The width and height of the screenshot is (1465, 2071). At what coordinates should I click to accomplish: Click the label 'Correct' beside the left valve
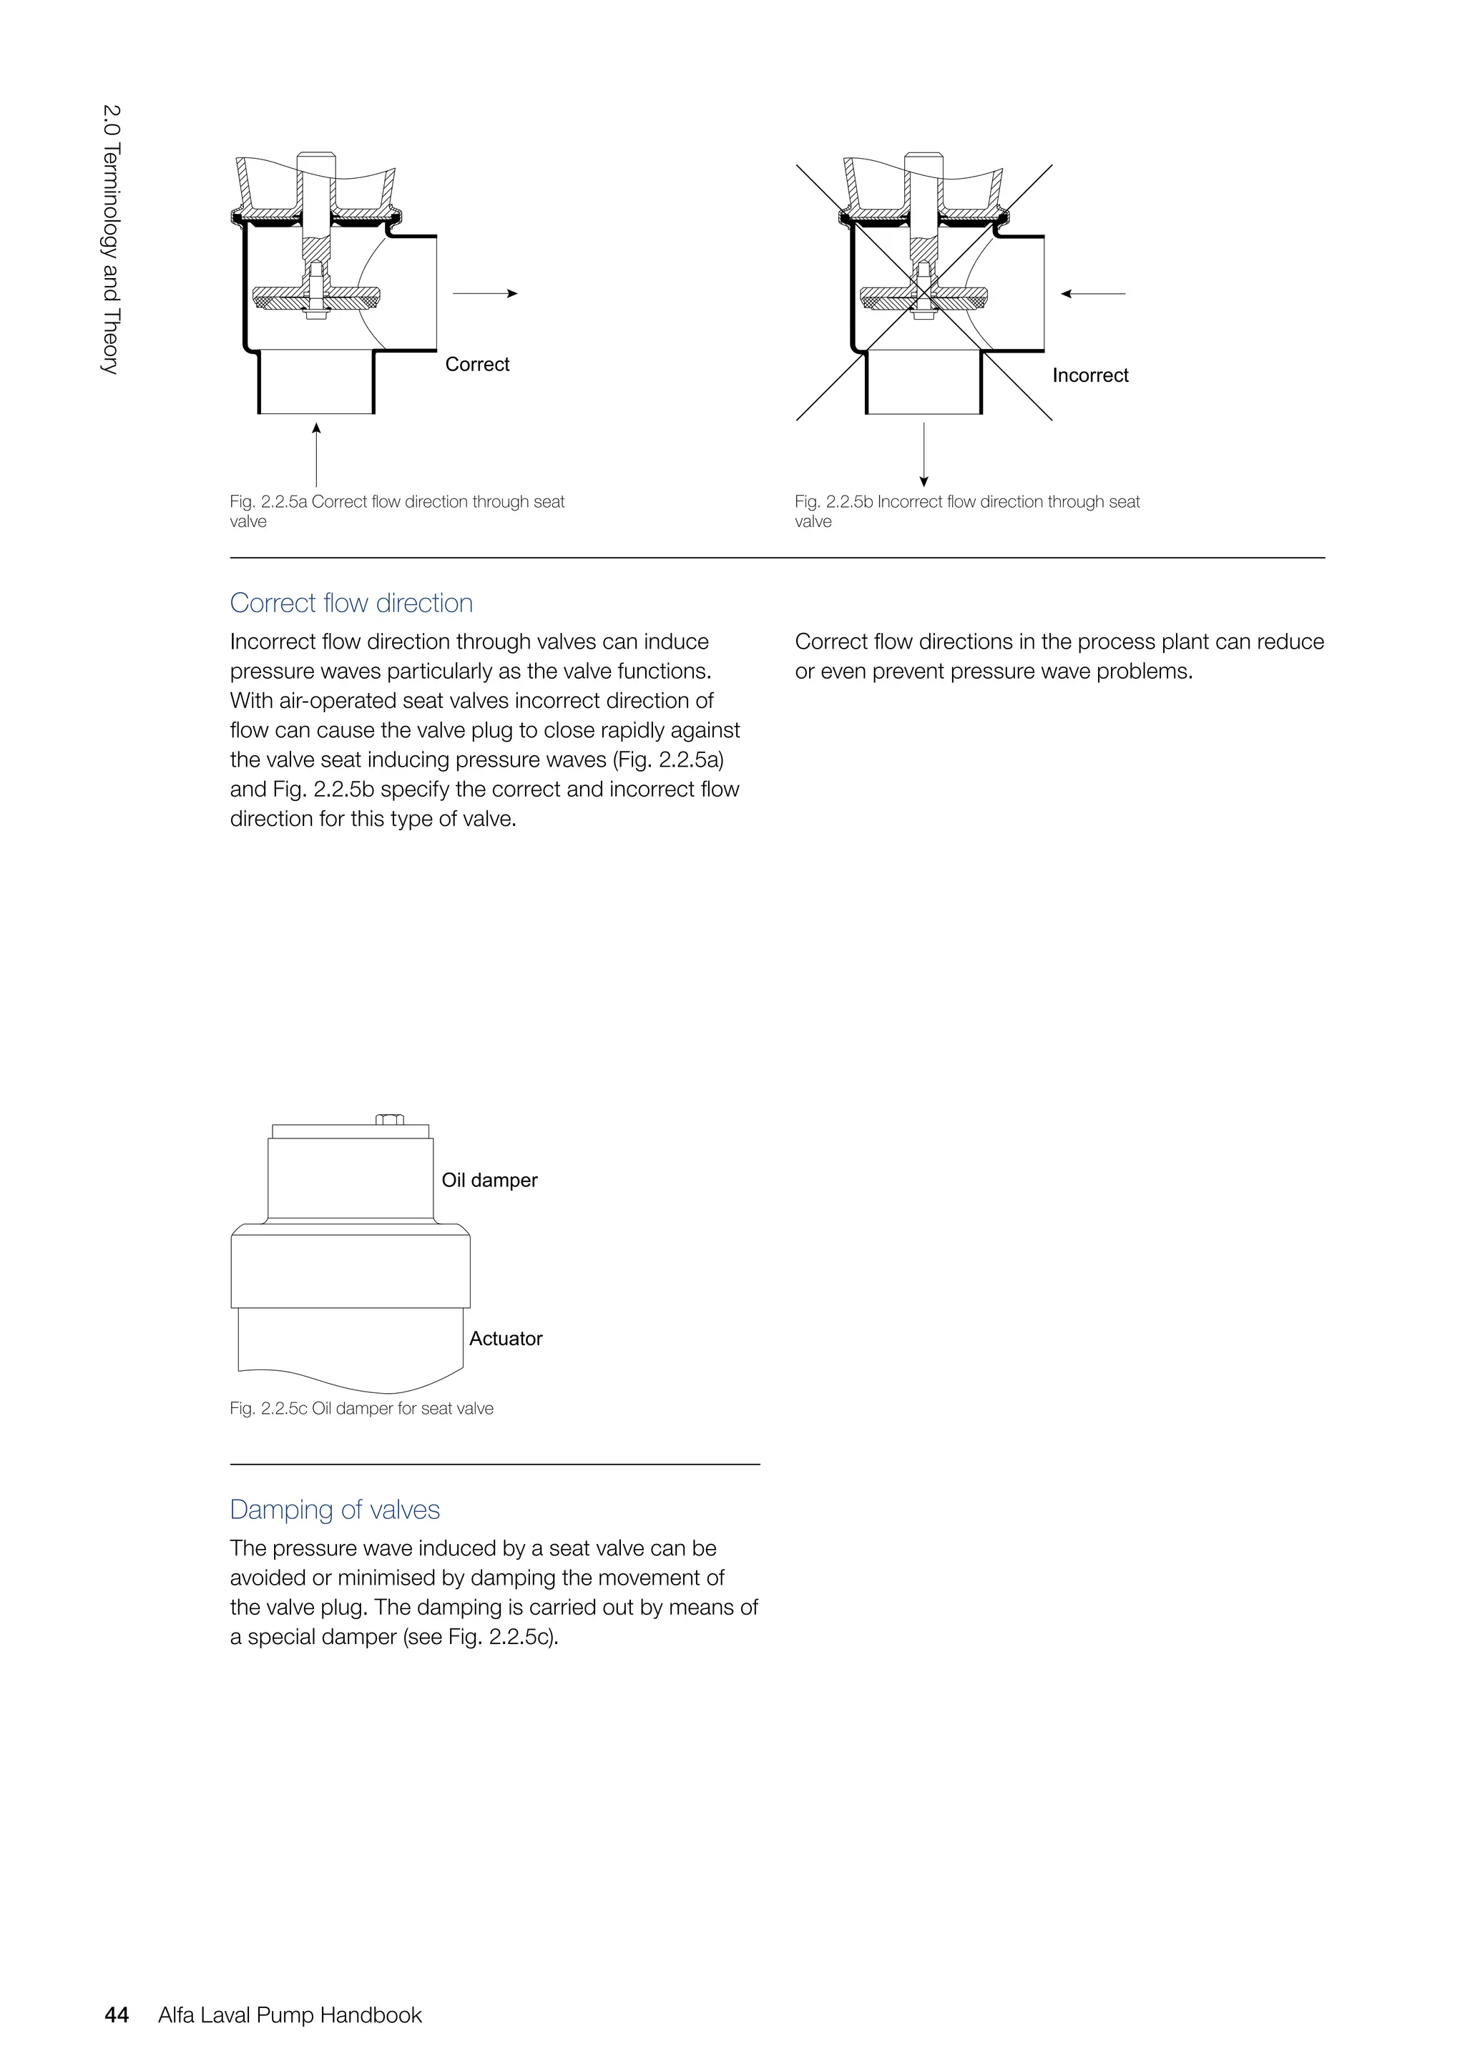pos(477,365)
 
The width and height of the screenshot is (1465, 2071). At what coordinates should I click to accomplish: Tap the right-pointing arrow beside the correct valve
pos(484,293)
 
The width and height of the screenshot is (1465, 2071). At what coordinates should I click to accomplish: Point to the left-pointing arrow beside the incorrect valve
pos(1093,293)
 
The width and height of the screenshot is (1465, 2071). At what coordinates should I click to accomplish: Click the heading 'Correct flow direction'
pos(351,603)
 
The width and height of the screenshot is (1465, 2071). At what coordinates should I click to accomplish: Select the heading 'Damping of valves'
pos(335,1509)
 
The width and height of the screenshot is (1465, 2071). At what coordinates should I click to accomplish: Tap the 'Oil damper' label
pos(489,1180)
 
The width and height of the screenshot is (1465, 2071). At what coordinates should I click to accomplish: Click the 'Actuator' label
pos(505,1339)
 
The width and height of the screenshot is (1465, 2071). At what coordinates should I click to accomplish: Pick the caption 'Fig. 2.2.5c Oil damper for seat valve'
pos(362,1408)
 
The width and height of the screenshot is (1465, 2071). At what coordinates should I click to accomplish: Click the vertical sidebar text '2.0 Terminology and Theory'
pos(110,239)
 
